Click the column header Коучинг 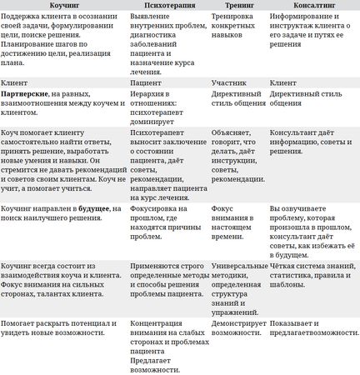[x=62, y=5]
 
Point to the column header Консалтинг [x=311, y=5]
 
